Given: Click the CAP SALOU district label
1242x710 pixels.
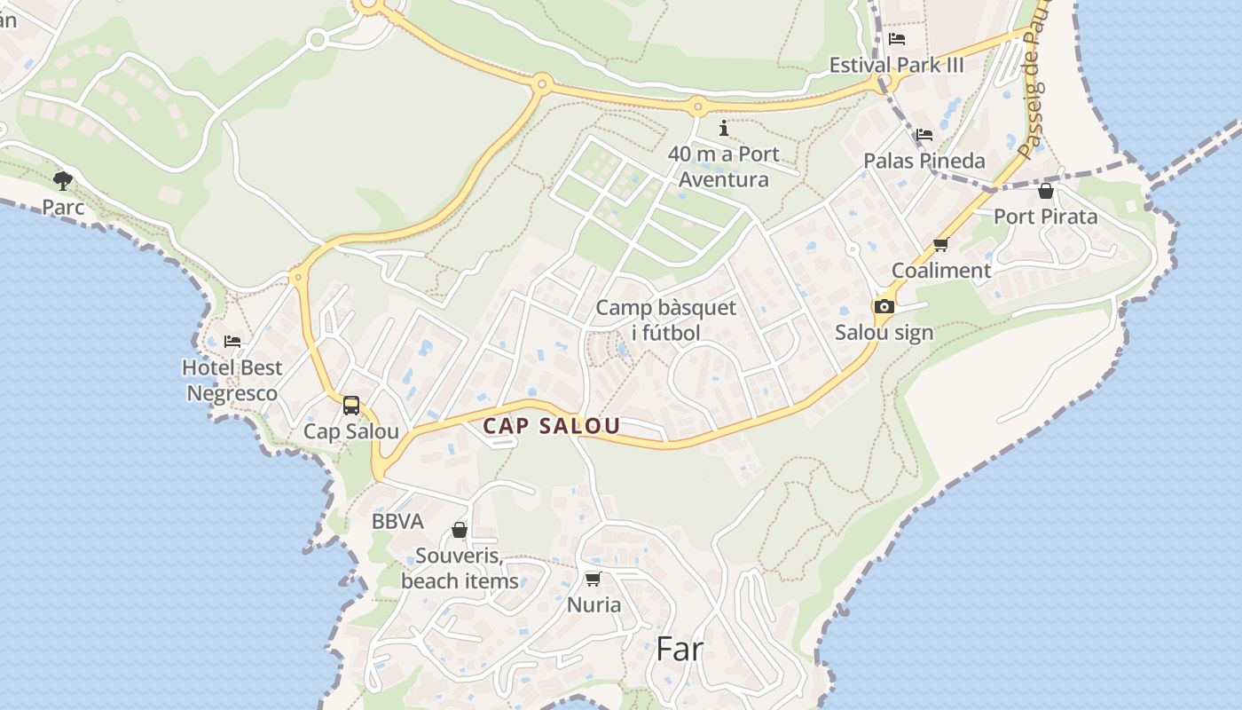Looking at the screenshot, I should (x=551, y=426).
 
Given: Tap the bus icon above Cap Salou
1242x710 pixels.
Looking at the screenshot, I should (x=351, y=406).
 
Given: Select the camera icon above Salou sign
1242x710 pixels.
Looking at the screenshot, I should (x=884, y=306).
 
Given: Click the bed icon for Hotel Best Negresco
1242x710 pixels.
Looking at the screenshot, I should (x=232, y=341).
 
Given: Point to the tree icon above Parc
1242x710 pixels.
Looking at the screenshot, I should (x=63, y=181).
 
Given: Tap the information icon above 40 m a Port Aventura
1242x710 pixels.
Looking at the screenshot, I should (x=724, y=128).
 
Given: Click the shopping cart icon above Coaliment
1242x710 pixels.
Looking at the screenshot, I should (x=940, y=245).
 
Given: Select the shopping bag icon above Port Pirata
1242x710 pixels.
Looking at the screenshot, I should (x=1045, y=190).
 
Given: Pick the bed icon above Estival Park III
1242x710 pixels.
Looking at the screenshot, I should (x=897, y=39).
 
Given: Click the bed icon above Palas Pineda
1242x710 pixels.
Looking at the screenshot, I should (x=924, y=135).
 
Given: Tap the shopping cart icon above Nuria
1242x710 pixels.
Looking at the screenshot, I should (x=593, y=579).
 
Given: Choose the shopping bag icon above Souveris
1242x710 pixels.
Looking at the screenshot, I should (x=459, y=530).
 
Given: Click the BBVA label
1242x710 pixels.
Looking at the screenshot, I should (x=397, y=522).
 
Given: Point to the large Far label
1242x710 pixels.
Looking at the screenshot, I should (x=680, y=649).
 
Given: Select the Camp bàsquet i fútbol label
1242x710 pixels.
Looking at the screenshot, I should (x=665, y=320).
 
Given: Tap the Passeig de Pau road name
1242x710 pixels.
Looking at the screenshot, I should (x=1034, y=89).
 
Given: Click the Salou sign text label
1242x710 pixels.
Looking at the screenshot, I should (x=884, y=333).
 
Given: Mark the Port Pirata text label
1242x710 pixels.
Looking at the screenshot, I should (x=1045, y=217).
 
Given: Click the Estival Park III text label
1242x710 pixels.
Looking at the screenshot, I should (x=896, y=65).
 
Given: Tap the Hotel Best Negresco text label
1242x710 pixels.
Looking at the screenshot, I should (x=232, y=380).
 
